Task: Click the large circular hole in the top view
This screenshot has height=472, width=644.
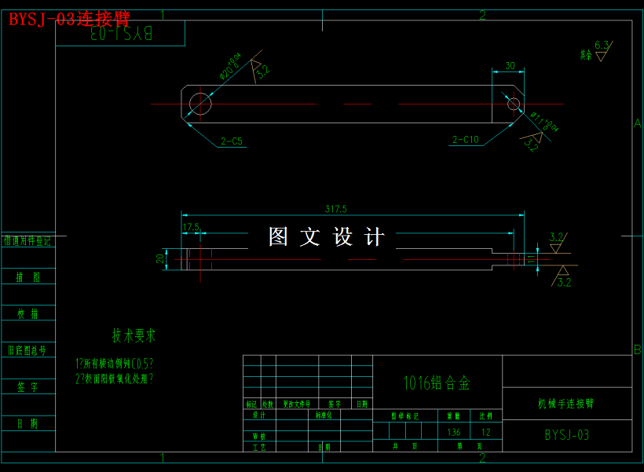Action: click(x=200, y=104)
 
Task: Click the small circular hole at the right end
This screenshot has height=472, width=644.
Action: click(x=514, y=104)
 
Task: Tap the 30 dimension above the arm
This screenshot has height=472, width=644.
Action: click(x=510, y=66)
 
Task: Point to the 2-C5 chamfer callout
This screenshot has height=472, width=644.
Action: click(x=232, y=141)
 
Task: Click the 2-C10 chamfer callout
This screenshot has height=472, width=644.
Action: click(x=465, y=140)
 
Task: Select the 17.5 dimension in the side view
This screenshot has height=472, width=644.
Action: click(x=191, y=228)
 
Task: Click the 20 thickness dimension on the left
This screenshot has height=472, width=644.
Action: click(x=160, y=258)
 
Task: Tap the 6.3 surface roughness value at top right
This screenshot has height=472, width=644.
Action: click(x=602, y=45)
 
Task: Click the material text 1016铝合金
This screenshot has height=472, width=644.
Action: click(x=437, y=382)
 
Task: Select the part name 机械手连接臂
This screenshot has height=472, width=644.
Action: click(x=565, y=404)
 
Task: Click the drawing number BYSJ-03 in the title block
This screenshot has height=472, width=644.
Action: click(x=566, y=434)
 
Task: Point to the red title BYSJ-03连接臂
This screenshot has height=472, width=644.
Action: click(x=69, y=20)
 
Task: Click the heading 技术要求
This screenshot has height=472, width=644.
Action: click(x=134, y=336)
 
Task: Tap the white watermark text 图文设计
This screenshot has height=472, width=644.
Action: click(x=327, y=236)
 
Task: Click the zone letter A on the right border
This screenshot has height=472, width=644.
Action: click(x=637, y=123)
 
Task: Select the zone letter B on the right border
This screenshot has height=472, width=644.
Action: click(x=637, y=349)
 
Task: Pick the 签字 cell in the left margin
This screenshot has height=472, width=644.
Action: click(x=28, y=387)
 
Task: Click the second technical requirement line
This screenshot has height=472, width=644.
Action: click(x=115, y=378)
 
